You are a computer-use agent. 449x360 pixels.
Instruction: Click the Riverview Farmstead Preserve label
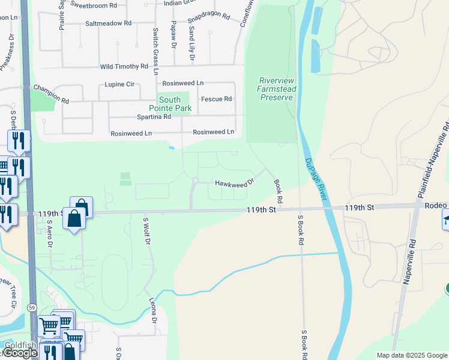(277, 89)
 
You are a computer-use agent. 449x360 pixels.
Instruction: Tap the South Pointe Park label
(175, 104)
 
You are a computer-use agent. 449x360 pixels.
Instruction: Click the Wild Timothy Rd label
(124, 67)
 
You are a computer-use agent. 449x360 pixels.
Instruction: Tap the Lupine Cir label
(119, 85)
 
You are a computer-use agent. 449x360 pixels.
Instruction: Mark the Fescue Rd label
(216, 99)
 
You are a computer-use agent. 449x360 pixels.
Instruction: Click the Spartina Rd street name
(154, 116)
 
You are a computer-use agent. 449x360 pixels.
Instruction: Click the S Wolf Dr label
(145, 231)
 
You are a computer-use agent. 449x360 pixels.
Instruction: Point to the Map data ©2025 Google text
(411, 355)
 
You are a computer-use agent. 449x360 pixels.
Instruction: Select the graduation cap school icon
(446, 220)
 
